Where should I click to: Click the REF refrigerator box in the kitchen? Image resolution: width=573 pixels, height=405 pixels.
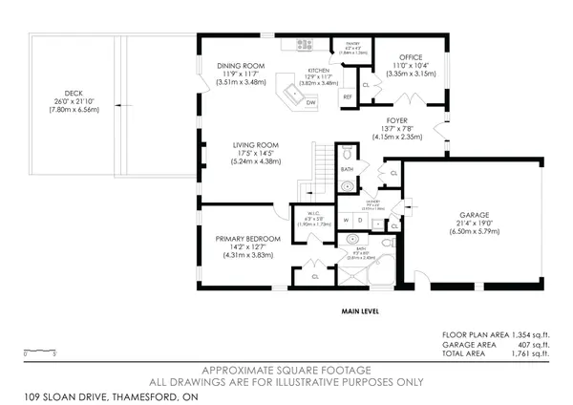click(x=348, y=96)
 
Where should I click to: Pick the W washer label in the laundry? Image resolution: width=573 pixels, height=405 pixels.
click(x=348, y=219)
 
